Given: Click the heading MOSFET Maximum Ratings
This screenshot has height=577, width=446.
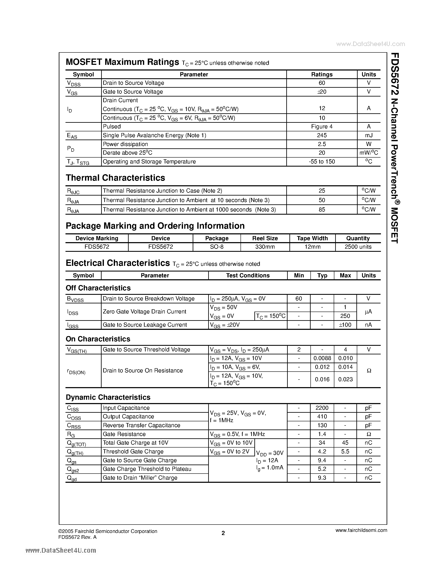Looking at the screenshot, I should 122,62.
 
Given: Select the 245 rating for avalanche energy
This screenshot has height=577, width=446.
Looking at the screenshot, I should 322,135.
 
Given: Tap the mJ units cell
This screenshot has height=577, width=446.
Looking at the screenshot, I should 369,135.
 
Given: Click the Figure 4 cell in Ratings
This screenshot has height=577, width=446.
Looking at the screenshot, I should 322,127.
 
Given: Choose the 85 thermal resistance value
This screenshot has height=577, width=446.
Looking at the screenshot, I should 322,210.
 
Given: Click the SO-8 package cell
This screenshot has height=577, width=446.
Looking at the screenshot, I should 217,247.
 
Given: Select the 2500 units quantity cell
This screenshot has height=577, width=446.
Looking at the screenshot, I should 358,247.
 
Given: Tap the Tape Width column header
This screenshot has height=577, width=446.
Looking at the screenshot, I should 312,238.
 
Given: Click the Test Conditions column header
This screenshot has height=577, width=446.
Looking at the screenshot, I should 248,275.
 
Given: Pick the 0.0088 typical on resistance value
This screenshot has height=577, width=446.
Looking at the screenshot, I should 322,358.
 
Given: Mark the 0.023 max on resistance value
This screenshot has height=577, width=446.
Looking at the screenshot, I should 345,379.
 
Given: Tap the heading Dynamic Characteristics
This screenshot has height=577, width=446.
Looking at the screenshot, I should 108,397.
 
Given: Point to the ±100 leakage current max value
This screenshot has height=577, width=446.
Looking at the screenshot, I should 345,325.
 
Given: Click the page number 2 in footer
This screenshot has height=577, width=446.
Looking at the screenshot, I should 223,533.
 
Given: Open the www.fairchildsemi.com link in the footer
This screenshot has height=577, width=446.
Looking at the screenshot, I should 361,530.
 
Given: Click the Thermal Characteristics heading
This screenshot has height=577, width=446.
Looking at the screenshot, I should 115,178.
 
